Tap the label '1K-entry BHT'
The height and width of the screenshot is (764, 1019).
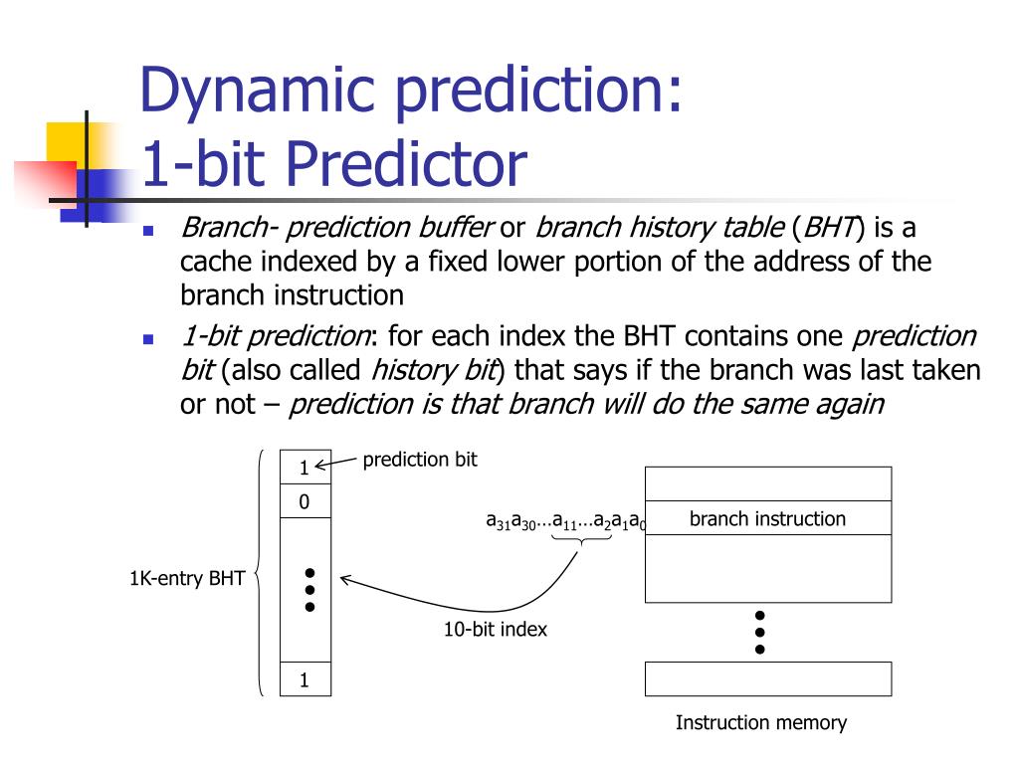187,578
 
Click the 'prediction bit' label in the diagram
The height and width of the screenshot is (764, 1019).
420,460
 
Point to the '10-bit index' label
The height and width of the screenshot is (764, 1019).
496,630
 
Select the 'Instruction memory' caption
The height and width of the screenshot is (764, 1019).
761,723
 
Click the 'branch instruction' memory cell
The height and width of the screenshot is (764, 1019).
767,518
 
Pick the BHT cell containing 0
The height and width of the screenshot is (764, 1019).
305,502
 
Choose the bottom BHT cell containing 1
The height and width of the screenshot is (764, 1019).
305,680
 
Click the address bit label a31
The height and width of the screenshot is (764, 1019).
497,520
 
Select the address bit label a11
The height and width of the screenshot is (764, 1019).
565,520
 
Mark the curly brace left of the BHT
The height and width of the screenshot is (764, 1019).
260,574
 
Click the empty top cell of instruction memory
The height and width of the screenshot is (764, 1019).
767,483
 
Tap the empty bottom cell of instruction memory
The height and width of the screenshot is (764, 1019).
767,678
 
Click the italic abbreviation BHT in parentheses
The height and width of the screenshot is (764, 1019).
829,229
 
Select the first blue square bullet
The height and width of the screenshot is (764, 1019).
148,231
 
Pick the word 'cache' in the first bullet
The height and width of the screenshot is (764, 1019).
211,263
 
